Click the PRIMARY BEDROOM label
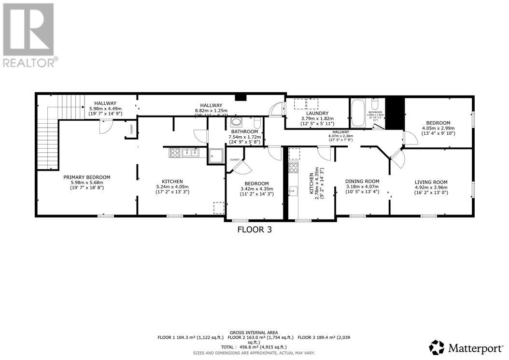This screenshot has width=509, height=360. pos(87,177)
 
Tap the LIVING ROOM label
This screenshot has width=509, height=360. pos(431,182)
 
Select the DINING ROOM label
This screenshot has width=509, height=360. pos(362,181)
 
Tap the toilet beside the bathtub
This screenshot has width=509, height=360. pos(375,106)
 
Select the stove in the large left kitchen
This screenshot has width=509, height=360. pos(174,153)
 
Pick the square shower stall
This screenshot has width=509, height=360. pos(216,156)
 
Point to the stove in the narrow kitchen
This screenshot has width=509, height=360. pos(293,168)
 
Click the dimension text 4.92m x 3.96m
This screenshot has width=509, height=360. pos(431,187)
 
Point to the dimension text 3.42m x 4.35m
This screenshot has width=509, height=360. pos(256,189)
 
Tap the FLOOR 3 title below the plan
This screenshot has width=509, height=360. pos(254,230)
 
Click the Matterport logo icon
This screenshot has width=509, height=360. pos(437,347)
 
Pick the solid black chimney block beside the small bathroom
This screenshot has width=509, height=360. pos(395,114)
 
